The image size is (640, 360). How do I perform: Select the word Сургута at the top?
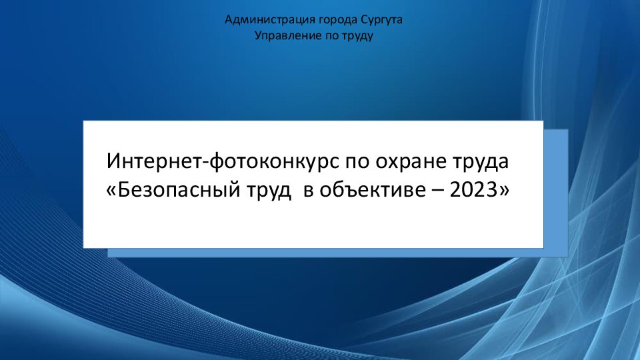click(x=381, y=20)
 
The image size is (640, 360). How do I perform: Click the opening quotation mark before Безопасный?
click(x=111, y=191)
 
